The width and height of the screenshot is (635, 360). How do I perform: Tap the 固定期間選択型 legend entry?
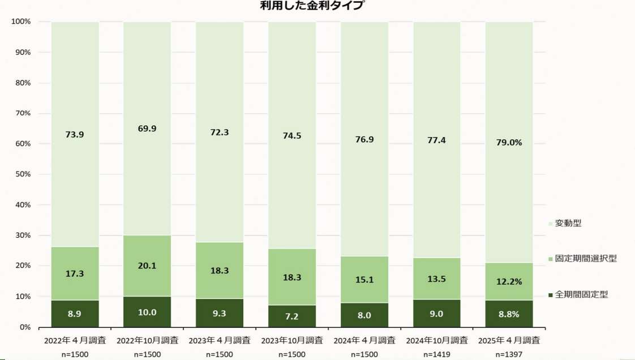point(585,259)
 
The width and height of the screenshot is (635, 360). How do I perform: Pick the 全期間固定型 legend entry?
point(581,294)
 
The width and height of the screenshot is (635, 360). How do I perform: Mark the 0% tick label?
point(25,327)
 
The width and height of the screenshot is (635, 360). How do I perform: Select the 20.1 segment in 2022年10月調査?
point(147,266)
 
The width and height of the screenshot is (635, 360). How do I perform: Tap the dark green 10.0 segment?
point(147,312)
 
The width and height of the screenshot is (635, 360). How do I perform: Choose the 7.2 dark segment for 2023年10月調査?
point(292,316)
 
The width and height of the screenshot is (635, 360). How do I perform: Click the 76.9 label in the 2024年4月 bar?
point(364,139)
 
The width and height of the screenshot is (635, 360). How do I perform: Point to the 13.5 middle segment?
point(437,278)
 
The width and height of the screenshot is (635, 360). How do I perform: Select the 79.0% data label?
point(509,143)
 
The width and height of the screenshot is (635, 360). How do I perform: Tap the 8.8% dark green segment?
point(509,314)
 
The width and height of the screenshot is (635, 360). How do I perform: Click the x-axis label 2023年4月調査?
point(220,341)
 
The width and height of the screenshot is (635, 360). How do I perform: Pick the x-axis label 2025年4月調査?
point(509,341)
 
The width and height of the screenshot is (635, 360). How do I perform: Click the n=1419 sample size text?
point(437,354)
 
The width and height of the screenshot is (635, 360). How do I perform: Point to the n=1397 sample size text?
point(509,354)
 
